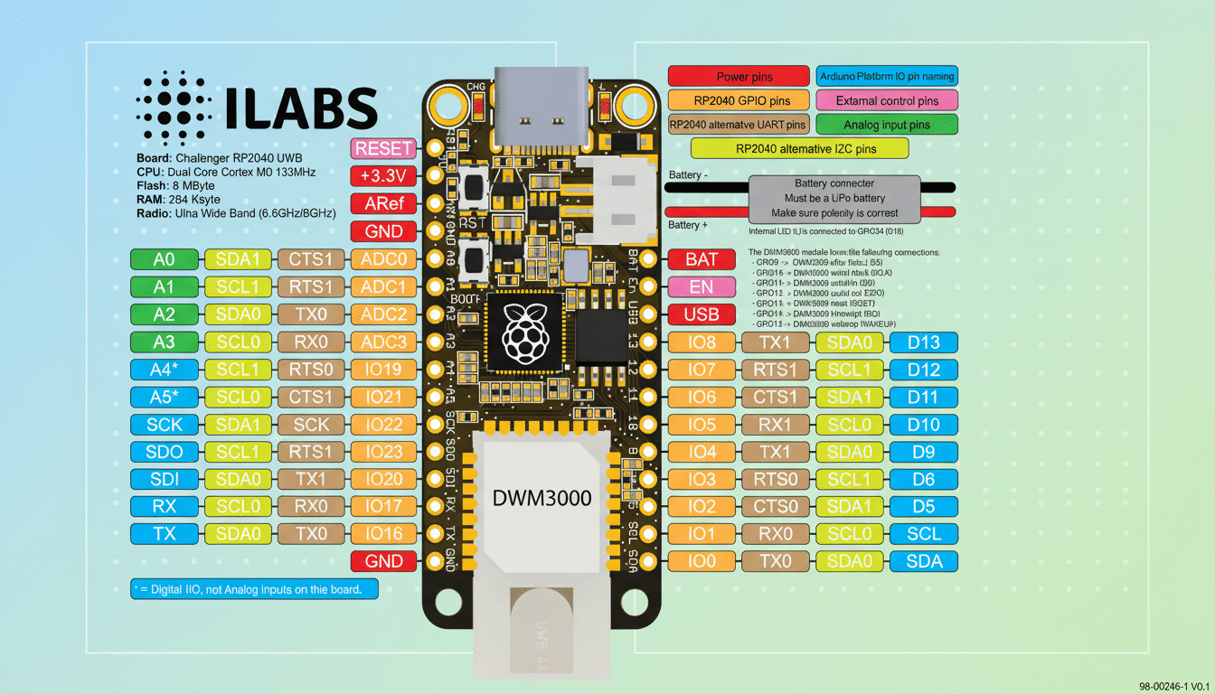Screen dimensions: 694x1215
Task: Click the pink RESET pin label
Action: tap(384, 149)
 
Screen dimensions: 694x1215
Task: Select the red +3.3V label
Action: tap(384, 176)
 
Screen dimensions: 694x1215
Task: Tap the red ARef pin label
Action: tap(384, 203)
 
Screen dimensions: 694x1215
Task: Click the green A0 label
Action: tap(164, 259)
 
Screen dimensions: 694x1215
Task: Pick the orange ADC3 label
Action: tap(384, 342)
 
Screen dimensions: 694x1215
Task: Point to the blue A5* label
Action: tap(164, 397)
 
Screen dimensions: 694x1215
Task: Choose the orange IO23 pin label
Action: tap(384, 452)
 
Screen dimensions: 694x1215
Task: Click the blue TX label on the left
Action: tap(164, 534)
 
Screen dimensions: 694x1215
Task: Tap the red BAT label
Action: tap(702, 259)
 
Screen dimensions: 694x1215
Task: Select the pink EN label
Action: tap(702, 287)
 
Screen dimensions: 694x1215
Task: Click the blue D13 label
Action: tap(923, 342)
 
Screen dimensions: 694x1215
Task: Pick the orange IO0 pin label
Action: tap(702, 562)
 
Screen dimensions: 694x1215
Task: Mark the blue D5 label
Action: tap(923, 507)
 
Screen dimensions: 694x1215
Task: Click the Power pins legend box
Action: tap(739, 77)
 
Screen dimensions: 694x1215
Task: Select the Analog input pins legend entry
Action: tap(886, 125)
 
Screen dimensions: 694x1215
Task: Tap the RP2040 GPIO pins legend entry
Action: tap(739, 100)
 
